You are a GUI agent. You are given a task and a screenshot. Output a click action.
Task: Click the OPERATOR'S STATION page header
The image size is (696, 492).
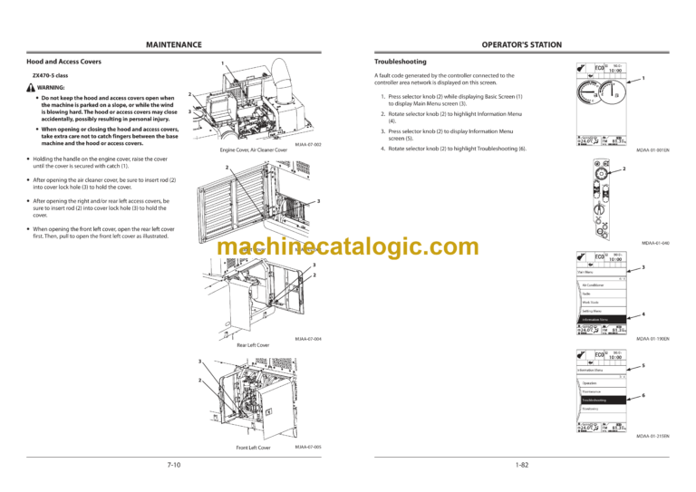coord(521,44)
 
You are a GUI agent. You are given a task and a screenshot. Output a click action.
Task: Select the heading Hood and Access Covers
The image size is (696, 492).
coord(63,62)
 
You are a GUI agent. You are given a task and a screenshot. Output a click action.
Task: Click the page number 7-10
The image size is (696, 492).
coord(173,465)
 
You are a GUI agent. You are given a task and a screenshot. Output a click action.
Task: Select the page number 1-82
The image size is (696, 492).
coord(521,465)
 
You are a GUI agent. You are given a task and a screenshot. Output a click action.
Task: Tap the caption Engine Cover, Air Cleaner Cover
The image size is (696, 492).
coord(254,150)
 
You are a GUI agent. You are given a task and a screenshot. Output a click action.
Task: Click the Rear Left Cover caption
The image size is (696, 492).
coord(253,345)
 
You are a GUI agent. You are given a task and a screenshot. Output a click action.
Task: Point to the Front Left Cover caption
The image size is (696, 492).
coord(253,448)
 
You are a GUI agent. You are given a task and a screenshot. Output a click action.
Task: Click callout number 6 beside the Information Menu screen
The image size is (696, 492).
coord(643,396)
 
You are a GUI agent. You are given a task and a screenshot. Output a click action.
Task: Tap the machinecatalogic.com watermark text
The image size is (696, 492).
coord(349,246)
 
